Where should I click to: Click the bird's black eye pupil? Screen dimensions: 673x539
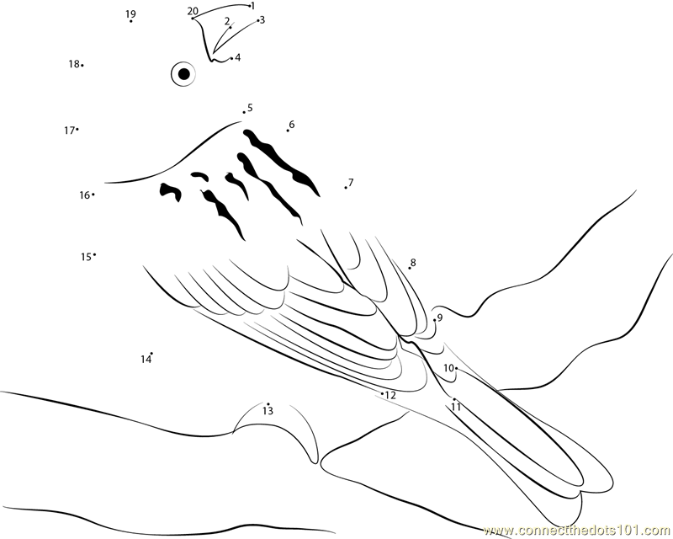184,74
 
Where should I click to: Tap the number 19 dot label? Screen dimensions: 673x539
131,14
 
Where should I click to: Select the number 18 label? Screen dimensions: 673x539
73,64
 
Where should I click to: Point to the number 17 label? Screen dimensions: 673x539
69,131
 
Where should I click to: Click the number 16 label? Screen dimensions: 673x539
84,195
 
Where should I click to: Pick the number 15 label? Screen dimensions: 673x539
86,257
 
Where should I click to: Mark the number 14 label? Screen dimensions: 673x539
146,360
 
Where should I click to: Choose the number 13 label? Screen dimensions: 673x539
268,411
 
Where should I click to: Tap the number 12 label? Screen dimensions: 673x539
390,395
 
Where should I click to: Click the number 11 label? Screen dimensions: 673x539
456,407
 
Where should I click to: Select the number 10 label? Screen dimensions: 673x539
448,368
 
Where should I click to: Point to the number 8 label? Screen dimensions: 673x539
413,262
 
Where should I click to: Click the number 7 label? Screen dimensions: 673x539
351,182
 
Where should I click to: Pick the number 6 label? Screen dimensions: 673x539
292,124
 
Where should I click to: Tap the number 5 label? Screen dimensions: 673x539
250,108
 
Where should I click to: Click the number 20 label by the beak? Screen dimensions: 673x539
193,11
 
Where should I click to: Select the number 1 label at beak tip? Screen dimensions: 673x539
253,6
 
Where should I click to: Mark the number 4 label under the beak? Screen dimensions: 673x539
237,57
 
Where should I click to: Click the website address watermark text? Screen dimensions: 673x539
578,530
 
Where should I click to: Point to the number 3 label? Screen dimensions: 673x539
262,19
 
